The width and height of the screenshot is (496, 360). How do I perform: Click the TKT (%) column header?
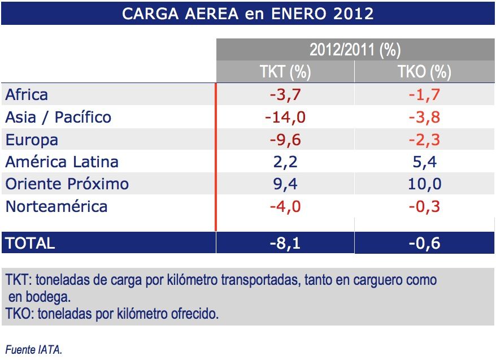(x=285, y=72)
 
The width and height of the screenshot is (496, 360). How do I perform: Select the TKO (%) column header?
(x=425, y=72)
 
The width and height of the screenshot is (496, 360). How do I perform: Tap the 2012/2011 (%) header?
(x=355, y=50)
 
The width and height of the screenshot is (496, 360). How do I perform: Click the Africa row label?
(x=27, y=94)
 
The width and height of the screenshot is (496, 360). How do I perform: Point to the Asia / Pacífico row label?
(x=58, y=117)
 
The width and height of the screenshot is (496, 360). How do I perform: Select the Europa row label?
(x=32, y=139)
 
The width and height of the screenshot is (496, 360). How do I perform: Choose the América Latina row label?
(x=62, y=162)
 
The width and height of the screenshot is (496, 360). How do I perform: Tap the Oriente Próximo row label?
(x=67, y=184)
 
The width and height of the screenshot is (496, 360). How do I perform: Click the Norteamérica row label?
(x=56, y=206)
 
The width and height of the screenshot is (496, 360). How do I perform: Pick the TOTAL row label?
(x=30, y=243)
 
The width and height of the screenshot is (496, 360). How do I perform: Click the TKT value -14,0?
(x=285, y=117)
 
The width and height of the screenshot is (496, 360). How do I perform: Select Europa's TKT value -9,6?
(x=285, y=139)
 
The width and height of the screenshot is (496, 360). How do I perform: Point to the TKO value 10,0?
(x=425, y=184)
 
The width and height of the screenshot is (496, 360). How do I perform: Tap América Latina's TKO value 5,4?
(x=425, y=162)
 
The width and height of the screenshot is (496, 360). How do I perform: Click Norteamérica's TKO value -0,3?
(x=425, y=206)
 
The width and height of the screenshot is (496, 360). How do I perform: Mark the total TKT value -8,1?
(x=285, y=243)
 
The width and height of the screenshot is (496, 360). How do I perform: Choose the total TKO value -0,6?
(x=425, y=243)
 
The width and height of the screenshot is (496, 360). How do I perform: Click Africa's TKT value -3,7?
(x=285, y=94)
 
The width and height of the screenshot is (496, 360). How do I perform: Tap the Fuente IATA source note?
(x=33, y=350)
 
